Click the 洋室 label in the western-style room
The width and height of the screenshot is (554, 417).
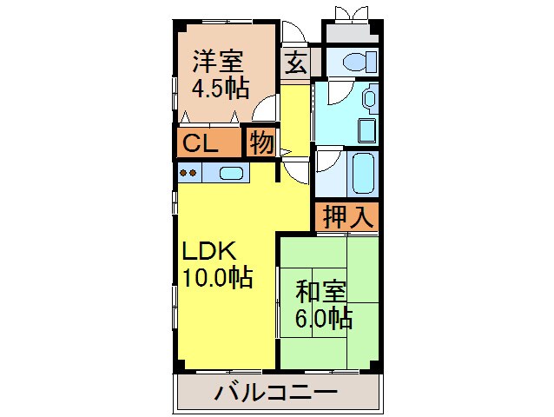click(x=218, y=62)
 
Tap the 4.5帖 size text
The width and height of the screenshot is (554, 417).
click(x=220, y=88)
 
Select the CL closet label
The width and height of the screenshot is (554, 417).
click(x=200, y=143)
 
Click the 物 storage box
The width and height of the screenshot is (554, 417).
click(x=260, y=143)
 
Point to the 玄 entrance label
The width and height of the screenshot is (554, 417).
click(x=296, y=63)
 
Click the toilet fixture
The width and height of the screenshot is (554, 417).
click(x=358, y=62)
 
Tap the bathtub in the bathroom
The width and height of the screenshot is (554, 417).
click(x=362, y=173)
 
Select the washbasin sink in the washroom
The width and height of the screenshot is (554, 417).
click(x=369, y=97)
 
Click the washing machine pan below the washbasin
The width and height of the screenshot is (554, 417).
click(x=366, y=131)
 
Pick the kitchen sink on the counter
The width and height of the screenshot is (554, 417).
click(x=231, y=173)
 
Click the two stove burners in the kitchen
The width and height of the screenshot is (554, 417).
click(x=188, y=173)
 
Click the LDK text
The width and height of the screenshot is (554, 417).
click(x=208, y=251)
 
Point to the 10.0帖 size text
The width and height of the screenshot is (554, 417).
click(x=217, y=278)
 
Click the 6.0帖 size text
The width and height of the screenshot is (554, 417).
click(x=324, y=318)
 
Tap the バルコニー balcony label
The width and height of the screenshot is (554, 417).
click(x=276, y=394)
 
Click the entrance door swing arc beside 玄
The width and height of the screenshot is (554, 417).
click(x=293, y=31)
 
